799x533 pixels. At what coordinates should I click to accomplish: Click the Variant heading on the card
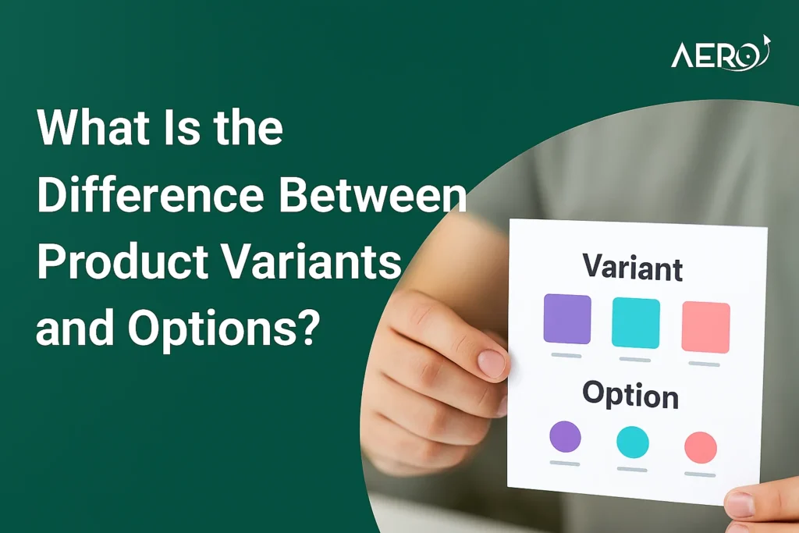pos(632,268)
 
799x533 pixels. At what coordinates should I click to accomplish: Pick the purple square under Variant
pos(567,318)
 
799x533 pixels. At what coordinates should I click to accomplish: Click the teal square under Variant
pos(636,322)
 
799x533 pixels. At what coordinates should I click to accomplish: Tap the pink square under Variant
pos(705,327)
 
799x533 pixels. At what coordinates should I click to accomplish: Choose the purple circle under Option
pos(565,437)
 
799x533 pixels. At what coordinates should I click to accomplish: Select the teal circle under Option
pos(633,442)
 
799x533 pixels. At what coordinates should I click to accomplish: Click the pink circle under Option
pos(701,447)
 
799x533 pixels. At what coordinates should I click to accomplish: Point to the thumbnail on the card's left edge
pos(492,364)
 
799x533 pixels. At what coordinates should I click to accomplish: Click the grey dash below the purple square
pos(566,355)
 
